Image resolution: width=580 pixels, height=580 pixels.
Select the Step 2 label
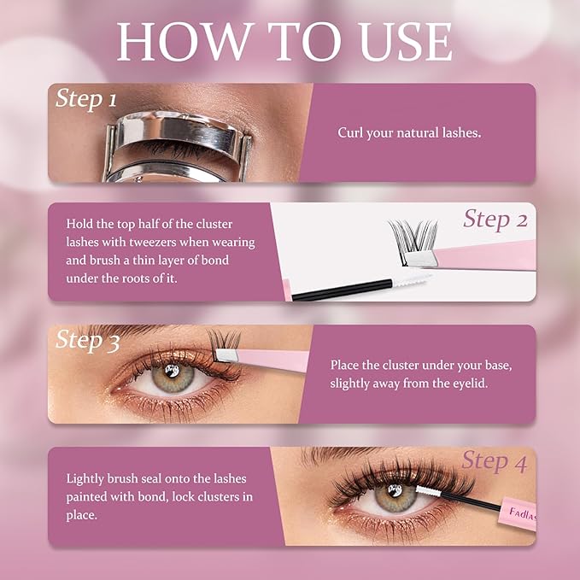coord(495,220)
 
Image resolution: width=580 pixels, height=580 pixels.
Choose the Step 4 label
coord(494,461)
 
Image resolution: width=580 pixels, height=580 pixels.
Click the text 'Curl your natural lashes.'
coord(409,132)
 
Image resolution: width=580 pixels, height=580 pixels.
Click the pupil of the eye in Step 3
coord(172,373)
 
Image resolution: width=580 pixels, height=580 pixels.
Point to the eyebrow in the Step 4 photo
coord(359,454)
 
